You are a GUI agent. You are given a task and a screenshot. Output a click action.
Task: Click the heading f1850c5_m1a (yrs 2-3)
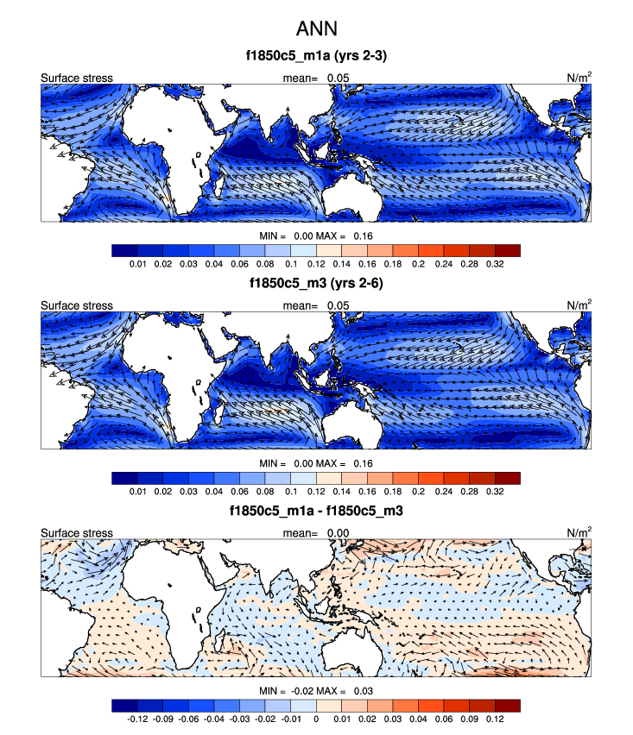coord(316,58)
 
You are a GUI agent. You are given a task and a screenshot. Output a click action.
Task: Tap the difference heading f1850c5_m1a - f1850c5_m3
coord(316,510)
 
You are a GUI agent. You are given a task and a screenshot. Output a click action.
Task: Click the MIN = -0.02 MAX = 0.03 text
coord(316,692)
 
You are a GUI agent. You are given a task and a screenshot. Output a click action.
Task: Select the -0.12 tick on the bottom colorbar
coord(136,718)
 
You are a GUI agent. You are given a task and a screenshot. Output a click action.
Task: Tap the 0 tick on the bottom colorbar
coord(316,718)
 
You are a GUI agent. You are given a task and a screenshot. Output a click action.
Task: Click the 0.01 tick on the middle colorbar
coord(136,491)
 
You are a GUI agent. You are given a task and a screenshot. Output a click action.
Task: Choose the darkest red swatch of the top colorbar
coord(508,250)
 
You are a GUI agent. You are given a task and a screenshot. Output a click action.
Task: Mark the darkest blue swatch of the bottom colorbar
coord(123,704)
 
